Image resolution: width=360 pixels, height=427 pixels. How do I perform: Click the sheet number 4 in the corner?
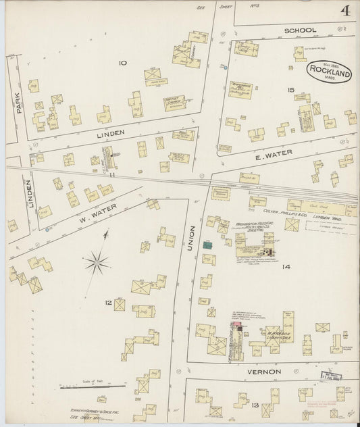(x=344, y=11)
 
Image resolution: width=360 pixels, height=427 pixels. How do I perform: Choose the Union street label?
(x=191, y=238)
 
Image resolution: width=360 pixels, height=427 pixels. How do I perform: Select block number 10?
(x=122, y=63)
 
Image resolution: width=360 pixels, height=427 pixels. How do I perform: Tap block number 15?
(x=290, y=89)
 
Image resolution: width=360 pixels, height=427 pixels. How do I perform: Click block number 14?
(x=286, y=268)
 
